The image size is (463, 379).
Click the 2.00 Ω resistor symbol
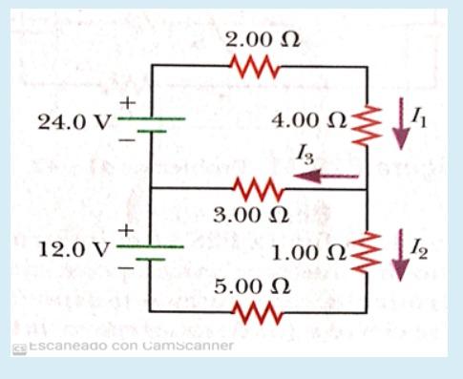click(x=255, y=67)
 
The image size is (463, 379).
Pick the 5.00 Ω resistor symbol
click(x=255, y=311)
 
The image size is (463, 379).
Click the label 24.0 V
click(x=74, y=123)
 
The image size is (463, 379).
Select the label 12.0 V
click(x=74, y=250)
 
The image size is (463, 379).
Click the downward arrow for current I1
click(x=400, y=123)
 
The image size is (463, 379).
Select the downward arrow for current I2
click(x=400, y=254)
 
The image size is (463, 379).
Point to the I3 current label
click(x=305, y=154)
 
